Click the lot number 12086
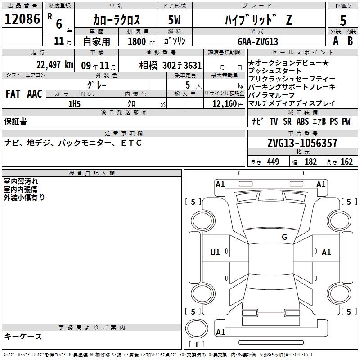[22, 19]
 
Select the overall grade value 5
[343, 20]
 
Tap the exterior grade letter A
[336, 41]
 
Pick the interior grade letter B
[350, 41]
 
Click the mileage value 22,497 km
[55, 65]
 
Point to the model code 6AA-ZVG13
[258, 41]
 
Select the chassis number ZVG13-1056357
[302, 143]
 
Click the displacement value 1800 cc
[141, 41]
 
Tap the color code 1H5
[74, 104]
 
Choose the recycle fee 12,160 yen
[228, 104]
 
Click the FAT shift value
[13, 94]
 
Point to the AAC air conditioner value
[35, 94]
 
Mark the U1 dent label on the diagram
[215, 252]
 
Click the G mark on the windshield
[284, 237]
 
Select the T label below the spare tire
[197, 345]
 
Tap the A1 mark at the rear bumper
[220, 332]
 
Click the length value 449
[273, 162]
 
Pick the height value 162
[346, 162]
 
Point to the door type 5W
[174, 20]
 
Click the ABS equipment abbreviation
[302, 121]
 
